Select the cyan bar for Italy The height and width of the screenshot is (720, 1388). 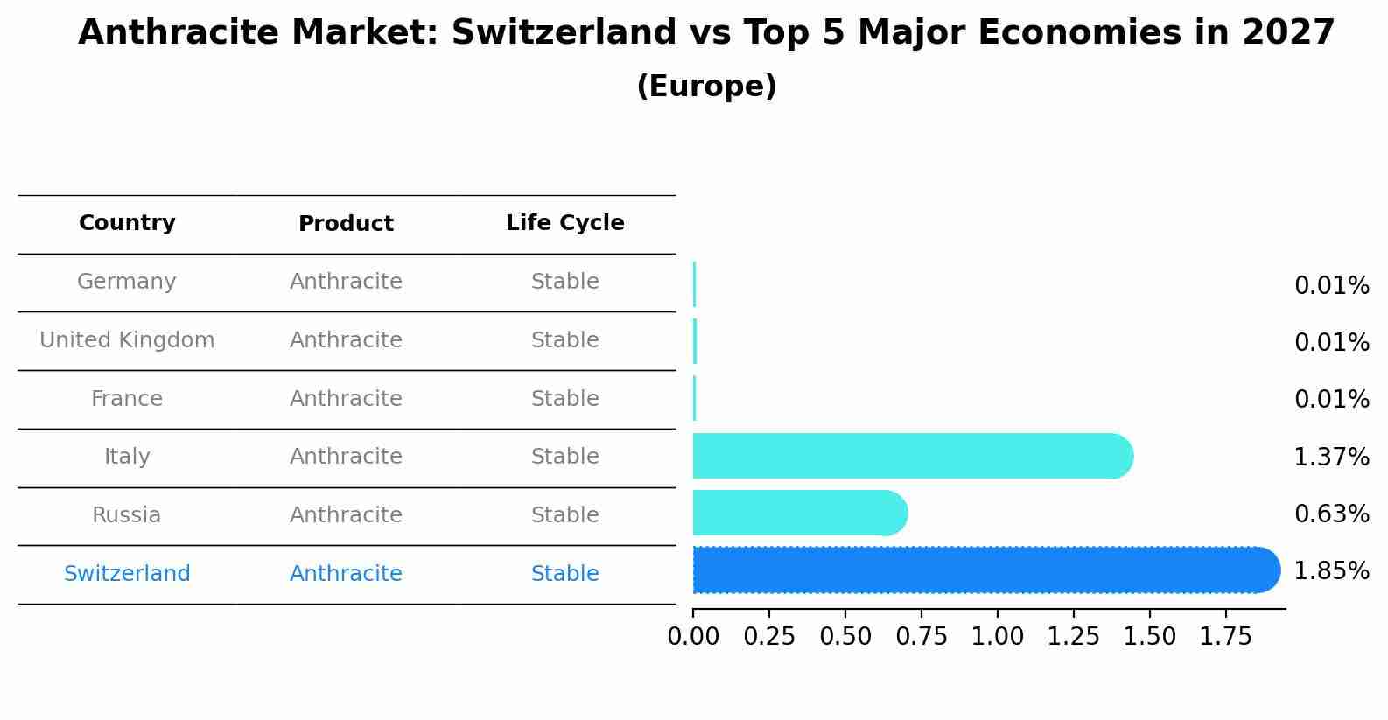pos(910,456)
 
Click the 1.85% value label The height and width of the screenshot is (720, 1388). pos(1331,571)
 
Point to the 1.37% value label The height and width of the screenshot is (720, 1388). pos(1331,457)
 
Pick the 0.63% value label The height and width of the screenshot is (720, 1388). pos(1331,514)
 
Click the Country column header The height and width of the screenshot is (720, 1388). pos(127,223)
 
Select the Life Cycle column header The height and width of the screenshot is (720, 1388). pos(564,223)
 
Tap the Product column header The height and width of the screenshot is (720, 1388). pos(346,224)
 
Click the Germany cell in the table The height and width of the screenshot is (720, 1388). pos(127,282)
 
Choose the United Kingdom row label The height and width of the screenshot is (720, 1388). pos(127,340)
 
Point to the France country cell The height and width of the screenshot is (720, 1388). pos(127,399)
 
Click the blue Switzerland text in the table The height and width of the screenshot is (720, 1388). pos(127,574)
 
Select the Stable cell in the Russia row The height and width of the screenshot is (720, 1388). pos(564,515)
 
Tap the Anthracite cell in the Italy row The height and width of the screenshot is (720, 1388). pos(346,457)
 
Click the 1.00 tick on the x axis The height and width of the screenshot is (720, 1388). pos(997,637)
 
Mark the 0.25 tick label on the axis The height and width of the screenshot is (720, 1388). pos(769,637)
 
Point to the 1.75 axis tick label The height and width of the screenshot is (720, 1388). pos(1225,637)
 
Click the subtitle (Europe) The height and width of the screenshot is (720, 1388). pos(706,87)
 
